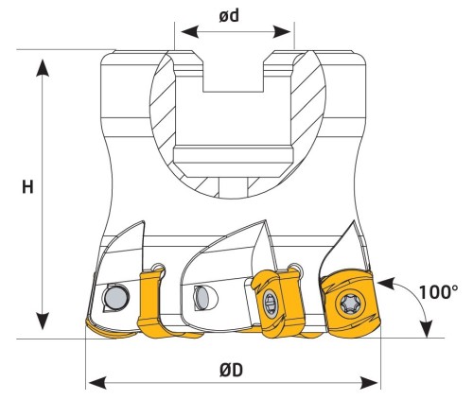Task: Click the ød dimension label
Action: (229, 16)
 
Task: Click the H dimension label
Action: (27, 187)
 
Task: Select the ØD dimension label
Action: (231, 371)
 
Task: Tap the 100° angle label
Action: (438, 292)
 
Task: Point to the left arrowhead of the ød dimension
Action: (190, 32)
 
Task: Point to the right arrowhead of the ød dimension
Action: (282, 32)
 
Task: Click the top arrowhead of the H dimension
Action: (43, 68)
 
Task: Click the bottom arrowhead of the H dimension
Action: (43, 321)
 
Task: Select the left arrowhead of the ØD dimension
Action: (97, 383)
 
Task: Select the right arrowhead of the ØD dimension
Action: (369, 383)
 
